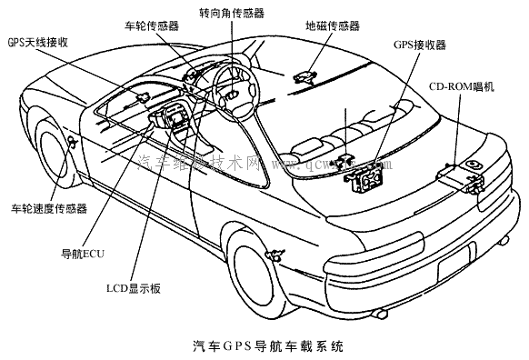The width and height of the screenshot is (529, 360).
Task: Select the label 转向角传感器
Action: (231, 15)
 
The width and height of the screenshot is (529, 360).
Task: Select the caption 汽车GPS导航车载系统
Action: (268, 346)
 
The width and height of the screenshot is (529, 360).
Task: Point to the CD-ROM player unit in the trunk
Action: (461, 172)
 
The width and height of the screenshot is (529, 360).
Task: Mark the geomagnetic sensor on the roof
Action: (309, 75)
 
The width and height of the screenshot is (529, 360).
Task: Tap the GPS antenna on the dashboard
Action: (143, 95)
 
